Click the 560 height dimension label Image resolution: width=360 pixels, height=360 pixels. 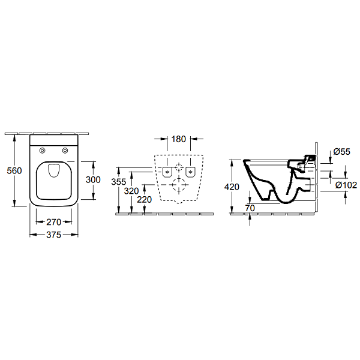(13, 170)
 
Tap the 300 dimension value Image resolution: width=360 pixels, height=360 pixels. (92, 180)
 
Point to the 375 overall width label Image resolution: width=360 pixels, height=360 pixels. (53, 235)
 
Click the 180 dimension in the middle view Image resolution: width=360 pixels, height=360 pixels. (178, 140)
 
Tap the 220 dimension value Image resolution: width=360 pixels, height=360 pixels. (144, 200)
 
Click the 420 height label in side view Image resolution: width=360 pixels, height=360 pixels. (231, 187)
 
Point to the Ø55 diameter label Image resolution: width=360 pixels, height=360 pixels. (342, 152)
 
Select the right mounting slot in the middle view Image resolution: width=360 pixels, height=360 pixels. (191, 173)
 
